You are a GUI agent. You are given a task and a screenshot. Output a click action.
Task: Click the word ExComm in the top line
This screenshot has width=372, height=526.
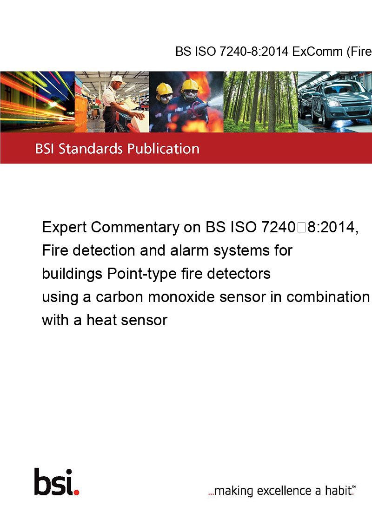(317, 52)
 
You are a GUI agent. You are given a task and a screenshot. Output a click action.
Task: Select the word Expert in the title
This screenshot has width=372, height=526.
(65, 228)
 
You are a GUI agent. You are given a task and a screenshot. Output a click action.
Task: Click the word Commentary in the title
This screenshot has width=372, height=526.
(135, 228)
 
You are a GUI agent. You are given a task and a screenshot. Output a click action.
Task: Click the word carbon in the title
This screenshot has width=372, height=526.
(120, 297)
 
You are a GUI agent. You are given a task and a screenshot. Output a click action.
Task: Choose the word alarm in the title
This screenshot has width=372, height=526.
(191, 250)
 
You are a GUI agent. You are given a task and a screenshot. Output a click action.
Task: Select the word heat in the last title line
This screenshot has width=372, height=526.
(102, 320)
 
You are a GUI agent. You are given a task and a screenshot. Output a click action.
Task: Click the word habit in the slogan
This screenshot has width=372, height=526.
(339, 490)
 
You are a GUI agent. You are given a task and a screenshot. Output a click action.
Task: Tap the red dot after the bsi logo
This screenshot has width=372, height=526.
(76, 492)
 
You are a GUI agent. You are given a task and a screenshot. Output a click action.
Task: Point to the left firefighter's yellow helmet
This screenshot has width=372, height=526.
(164, 89)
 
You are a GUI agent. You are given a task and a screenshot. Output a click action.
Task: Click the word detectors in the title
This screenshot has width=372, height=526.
(239, 274)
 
